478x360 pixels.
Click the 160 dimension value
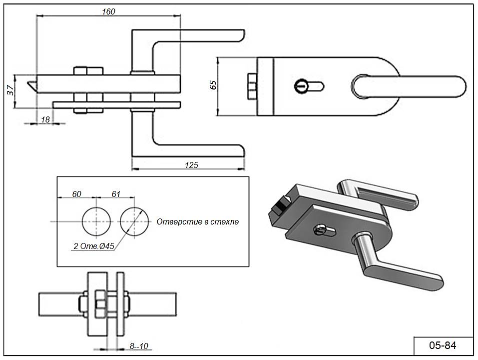108,11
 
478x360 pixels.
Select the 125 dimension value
192,165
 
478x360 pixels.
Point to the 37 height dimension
10,90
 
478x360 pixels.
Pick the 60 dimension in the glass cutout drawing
76,194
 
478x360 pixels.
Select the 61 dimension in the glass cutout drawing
115,194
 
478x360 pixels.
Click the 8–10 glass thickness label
140,346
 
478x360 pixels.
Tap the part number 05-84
442,345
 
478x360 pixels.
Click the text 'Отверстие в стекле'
198,221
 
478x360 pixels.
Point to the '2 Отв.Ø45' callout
94,245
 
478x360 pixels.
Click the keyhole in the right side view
302,86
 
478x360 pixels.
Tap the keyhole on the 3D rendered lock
320,230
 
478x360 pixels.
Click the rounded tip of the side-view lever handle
457,86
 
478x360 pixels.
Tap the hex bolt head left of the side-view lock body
252,86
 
